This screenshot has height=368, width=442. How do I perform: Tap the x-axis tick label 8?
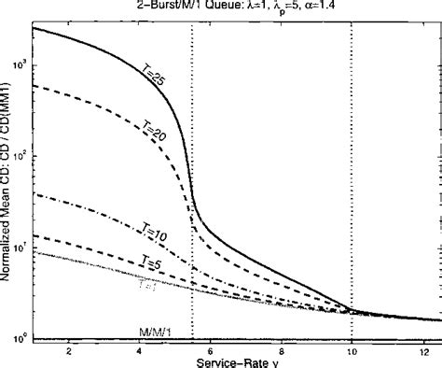282,350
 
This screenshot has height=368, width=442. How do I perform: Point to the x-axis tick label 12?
423,350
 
